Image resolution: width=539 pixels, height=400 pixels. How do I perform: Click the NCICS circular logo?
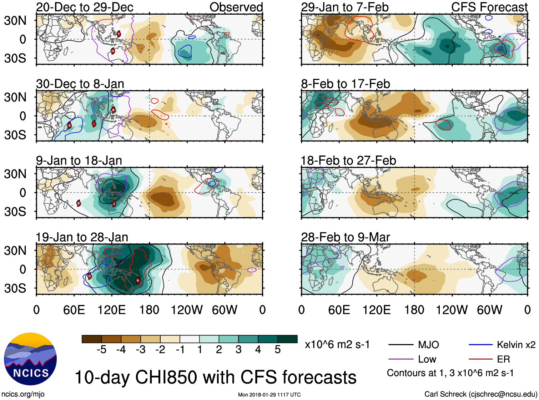(30, 359)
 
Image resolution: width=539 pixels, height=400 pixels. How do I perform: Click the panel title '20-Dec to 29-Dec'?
(85, 7)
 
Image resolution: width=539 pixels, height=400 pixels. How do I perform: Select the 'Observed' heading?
(236, 7)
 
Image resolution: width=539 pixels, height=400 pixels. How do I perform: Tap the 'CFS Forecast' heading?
(489, 7)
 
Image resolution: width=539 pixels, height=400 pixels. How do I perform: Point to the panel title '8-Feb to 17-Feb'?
(345, 84)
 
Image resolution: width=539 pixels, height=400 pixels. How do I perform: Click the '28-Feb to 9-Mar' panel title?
(345, 237)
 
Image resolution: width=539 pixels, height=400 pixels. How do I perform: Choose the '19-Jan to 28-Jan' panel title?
(82, 237)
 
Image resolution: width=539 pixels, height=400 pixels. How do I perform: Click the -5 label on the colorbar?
(101, 350)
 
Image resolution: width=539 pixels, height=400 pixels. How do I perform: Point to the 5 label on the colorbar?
(278, 350)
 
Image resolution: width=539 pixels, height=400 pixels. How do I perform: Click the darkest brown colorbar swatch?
(92, 339)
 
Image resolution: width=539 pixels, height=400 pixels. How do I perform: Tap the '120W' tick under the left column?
(187, 310)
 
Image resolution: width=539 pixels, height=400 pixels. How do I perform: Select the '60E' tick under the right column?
(339, 310)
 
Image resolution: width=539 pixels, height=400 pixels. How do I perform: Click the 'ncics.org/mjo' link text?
(23, 394)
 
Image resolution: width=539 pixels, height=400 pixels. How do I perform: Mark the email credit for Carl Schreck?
(480, 394)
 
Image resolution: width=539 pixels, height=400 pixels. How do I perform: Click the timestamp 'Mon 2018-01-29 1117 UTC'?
(269, 395)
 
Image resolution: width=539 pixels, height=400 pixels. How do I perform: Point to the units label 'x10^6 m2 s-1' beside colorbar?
(337, 345)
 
